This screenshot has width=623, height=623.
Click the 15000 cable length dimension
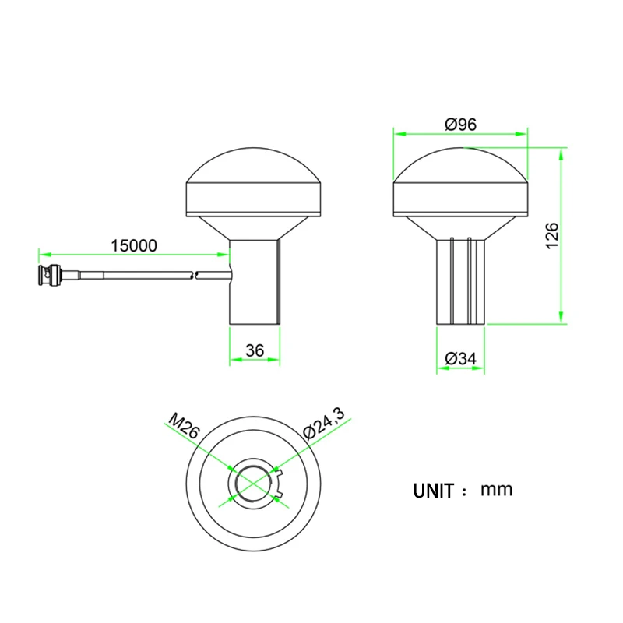[x=133, y=245]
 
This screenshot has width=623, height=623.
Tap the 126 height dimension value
[x=552, y=235]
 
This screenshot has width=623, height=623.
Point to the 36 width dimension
[x=254, y=351]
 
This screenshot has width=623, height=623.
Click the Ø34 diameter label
[x=460, y=359]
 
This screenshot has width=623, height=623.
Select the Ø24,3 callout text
[x=322, y=424]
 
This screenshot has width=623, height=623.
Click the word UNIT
[x=433, y=491]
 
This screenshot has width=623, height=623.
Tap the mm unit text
[x=497, y=490]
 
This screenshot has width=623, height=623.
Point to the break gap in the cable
[x=195, y=273]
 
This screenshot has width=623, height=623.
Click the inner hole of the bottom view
[x=253, y=484]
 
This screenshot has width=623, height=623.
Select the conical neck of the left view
[x=253, y=227]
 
